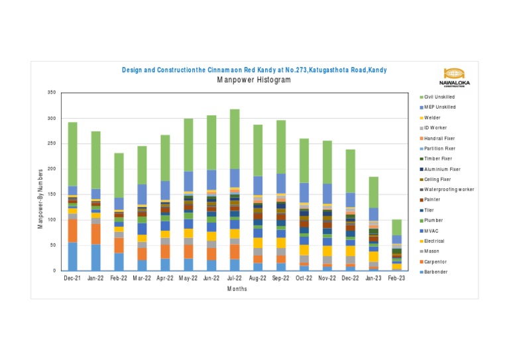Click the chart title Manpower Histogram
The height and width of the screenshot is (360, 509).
point(254,80)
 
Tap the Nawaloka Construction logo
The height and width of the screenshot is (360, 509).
point(454,77)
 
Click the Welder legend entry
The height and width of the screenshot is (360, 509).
point(434,117)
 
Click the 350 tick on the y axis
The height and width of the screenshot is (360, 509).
point(51,92)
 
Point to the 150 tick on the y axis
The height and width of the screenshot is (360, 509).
point(51,194)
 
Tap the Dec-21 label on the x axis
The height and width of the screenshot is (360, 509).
point(72,279)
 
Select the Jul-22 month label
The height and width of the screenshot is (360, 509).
point(235,279)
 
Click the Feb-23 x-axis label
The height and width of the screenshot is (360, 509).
point(397,279)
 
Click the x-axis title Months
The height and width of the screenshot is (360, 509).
point(235,289)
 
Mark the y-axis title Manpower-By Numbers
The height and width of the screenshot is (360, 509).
point(40,198)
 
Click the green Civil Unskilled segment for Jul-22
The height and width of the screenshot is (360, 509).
point(235,139)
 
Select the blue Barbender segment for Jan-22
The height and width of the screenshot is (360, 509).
point(95,257)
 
